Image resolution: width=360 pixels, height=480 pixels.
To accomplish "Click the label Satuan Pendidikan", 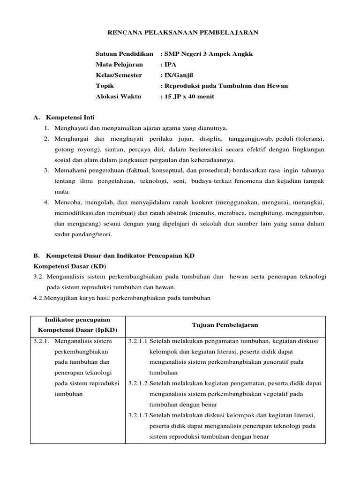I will [x=124, y=54].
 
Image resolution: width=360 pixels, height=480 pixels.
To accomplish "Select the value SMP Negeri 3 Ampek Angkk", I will [x=209, y=54].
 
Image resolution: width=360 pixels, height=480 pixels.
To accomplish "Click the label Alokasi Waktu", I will [x=119, y=97].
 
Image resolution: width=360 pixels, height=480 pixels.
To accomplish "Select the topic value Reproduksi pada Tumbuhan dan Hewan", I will [x=226, y=86].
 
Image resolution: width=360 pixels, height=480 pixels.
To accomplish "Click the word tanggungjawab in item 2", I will [x=254, y=139].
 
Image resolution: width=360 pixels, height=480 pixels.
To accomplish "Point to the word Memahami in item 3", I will [x=69, y=170].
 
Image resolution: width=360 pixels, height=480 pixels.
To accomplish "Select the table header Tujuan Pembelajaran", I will [x=225, y=325].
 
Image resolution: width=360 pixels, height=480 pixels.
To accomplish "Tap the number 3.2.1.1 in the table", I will [x=137, y=341].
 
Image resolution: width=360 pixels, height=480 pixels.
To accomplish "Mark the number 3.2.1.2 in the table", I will [x=137, y=383].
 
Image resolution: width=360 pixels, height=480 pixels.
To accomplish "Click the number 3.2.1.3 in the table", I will [x=137, y=415].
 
